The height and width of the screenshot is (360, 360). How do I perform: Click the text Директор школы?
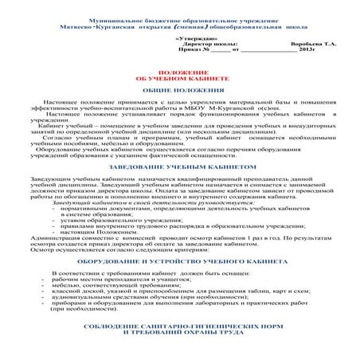click(205, 44)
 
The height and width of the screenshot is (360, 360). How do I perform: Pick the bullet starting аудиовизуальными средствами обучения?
click(151, 299)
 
